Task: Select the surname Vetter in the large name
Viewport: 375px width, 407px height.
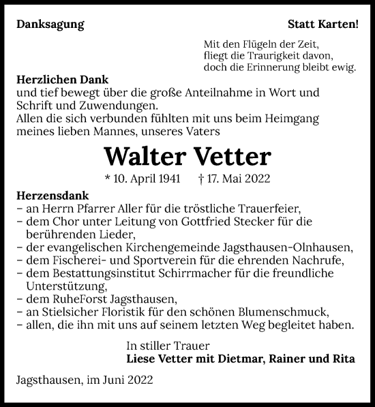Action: [234, 156]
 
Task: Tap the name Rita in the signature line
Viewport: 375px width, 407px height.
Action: [344, 358]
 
